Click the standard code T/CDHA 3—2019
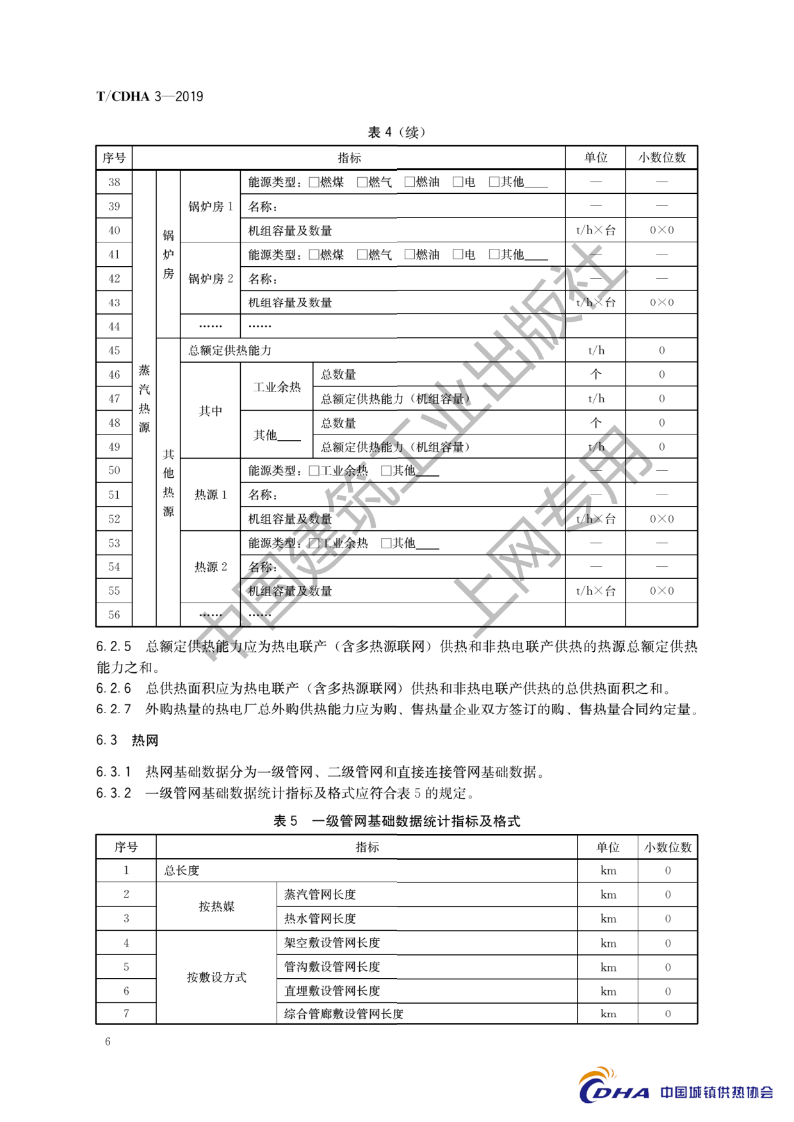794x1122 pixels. (149, 97)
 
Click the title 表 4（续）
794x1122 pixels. (396, 132)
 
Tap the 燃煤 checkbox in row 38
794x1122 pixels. (314, 182)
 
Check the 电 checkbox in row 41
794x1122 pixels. (458, 255)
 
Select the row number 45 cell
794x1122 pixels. (114, 351)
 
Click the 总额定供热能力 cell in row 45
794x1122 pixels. (230, 351)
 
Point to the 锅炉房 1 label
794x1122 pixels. (211, 207)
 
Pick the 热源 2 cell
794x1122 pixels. (211, 567)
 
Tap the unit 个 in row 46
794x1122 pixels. (595, 375)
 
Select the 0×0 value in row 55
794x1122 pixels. (661, 591)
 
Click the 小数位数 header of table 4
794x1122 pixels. (661, 157)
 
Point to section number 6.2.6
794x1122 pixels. (113, 689)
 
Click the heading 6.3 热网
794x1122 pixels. (127, 741)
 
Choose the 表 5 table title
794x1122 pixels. (396, 821)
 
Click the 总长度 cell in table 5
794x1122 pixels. (182, 871)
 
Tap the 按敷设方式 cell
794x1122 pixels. (216, 977)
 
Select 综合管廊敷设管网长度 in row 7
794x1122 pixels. (344, 1014)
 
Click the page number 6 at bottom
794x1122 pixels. (108, 1041)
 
